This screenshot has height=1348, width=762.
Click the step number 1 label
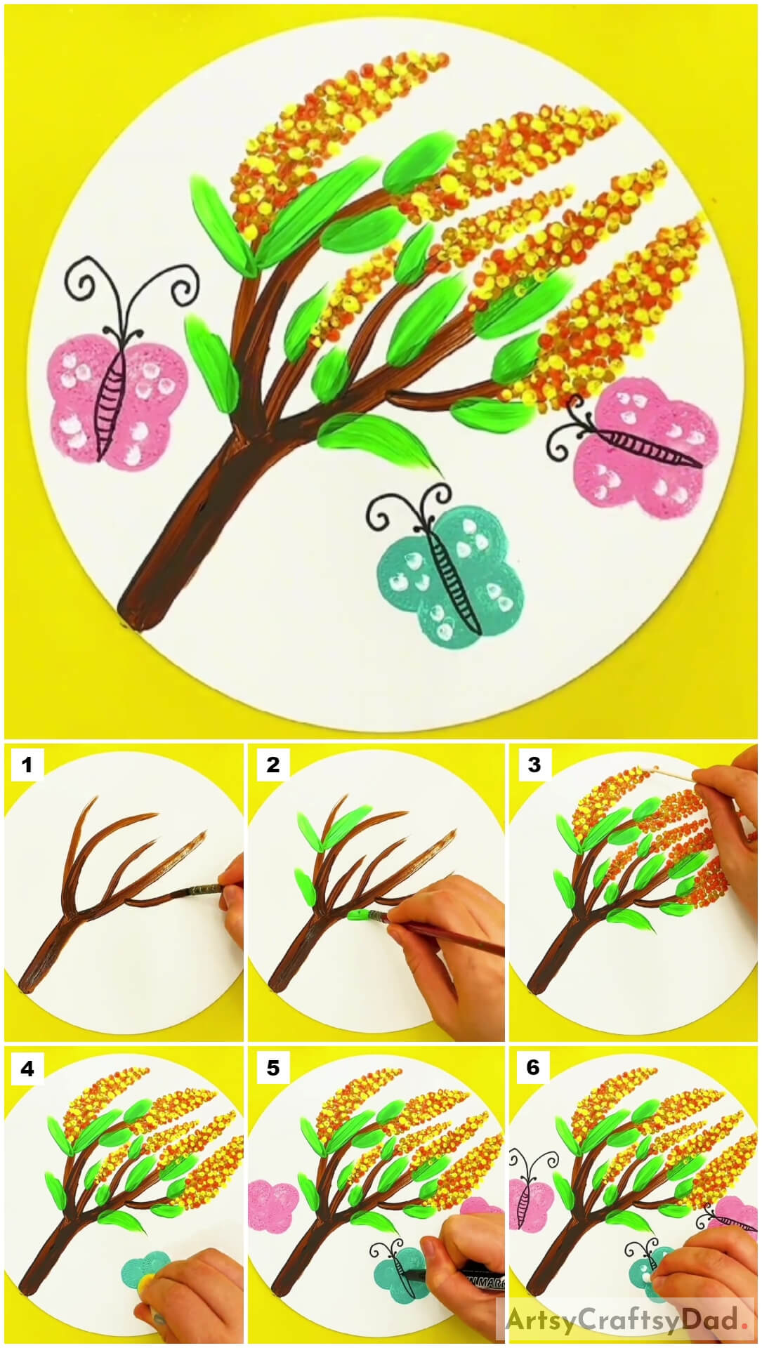coord(27,764)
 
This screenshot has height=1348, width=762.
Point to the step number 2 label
coord(272,764)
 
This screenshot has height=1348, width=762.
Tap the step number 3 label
coord(534,764)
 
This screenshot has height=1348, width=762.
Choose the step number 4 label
coord(27,1069)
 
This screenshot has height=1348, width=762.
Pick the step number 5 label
coord(272,1069)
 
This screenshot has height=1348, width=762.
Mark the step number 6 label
coord(534,1069)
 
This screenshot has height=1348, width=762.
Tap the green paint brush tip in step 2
coord(358,915)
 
